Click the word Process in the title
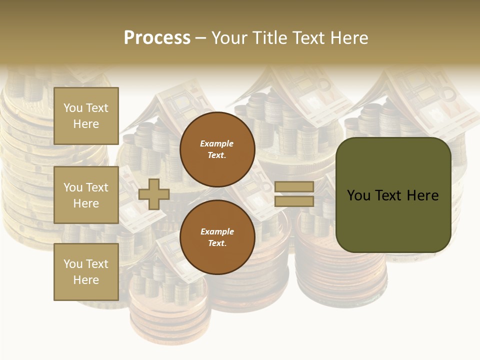click(x=157, y=38)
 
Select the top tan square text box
click(x=86, y=116)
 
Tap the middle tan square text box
click(x=86, y=195)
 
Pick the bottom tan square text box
click(x=86, y=271)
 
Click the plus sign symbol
click(x=154, y=194)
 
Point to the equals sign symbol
click(x=294, y=194)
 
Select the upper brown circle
click(x=217, y=149)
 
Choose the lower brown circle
click(x=217, y=237)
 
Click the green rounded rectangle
click(x=393, y=195)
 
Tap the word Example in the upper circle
click(x=217, y=143)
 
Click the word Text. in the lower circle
click(x=217, y=243)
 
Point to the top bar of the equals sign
click(x=294, y=187)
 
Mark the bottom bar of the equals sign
click(x=294, y=201)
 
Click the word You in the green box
click(x=358, y=195)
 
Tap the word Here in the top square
click(x=86, y=124)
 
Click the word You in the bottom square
click(x=73, y=264)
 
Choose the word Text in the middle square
click(x=97, y=187)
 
